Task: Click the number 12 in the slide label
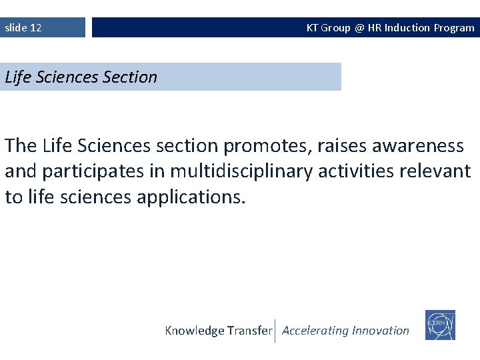[35, 28]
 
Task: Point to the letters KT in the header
[312, 28]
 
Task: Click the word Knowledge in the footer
[194, 331]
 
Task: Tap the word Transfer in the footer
[250, 331]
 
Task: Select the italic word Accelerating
[315, 331]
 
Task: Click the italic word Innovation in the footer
[381, 331]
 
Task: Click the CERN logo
[440, 325]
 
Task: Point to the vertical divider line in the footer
[275, 331]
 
